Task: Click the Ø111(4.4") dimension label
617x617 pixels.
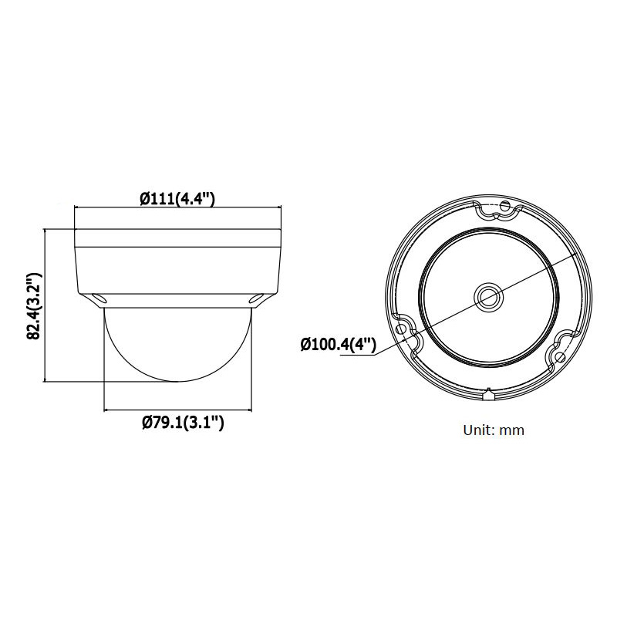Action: coord(177,199)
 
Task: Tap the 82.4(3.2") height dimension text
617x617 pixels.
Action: coord(33,306)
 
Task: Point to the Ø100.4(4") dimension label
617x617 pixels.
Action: coord(338,344)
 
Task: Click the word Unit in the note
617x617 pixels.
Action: coord(477,430)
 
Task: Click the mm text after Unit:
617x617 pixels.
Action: coord(511,430)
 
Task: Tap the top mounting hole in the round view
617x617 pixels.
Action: coord(505,205)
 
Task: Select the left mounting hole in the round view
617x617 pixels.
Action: coord(400,329)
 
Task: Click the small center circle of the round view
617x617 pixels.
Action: coord(488,295)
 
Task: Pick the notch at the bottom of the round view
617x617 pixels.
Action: coord(488,396)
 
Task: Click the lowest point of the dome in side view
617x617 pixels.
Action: coord(177,380)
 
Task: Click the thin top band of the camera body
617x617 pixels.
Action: coord(177,237)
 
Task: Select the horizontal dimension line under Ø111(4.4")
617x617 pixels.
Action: coord(177,208)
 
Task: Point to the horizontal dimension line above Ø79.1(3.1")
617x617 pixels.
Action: coord(177,409)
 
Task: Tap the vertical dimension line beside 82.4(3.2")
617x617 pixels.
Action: coord(47,305)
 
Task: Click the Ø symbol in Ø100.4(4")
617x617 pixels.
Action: coord(305,344)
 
